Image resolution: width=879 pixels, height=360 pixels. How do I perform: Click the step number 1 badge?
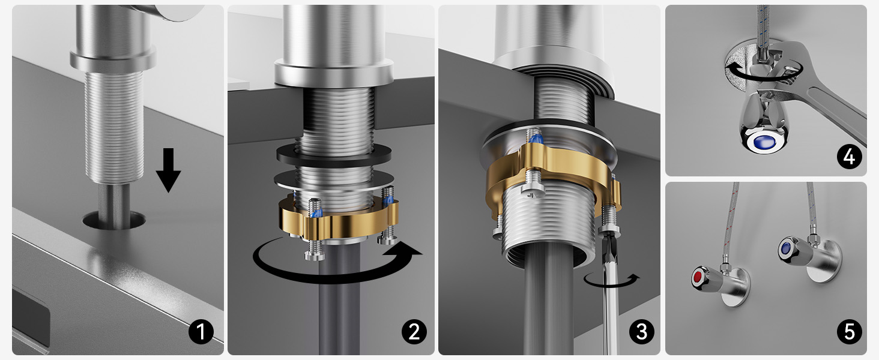201,332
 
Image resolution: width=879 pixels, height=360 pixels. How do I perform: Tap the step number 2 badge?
414,332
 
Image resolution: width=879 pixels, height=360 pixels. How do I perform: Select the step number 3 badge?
641,332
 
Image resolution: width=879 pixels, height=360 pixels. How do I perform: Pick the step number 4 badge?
849,157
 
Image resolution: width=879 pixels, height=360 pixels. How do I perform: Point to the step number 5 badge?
849,332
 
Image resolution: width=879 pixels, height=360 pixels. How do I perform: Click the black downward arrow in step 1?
168,170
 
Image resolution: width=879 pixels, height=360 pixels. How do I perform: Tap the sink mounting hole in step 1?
114,220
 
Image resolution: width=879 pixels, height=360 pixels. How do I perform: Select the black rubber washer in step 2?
334,155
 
